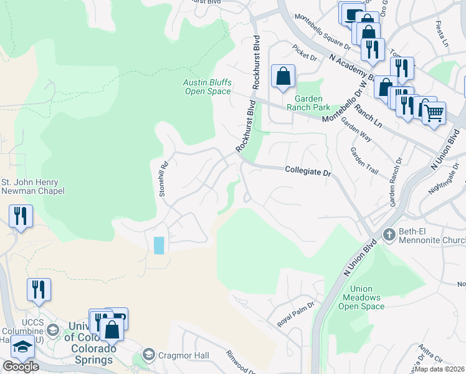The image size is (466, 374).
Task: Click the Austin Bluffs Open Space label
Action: (207, 87)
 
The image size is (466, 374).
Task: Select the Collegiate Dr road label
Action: (308, 170)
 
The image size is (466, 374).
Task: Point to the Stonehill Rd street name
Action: (163, 180)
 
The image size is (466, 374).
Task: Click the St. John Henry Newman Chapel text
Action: (33, 186)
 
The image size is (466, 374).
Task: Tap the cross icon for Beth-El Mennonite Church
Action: (390, 235)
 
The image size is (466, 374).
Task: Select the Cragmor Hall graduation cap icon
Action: (149, 355)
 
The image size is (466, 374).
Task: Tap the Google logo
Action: (21, 367)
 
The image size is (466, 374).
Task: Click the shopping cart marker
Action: (434, 113)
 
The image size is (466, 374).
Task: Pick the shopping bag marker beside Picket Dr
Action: (283, 77)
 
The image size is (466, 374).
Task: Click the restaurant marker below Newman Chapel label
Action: (21, 216)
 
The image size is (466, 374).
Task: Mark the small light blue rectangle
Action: (159, 245)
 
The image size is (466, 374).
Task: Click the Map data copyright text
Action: (439, 369)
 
